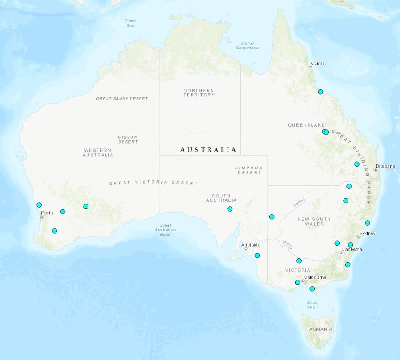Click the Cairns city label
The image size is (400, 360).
(318, 64)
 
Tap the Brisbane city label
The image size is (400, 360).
(385, 166)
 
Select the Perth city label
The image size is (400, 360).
(47, 213)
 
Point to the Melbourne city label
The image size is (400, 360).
(315, 277)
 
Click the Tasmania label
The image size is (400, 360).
(319, 329)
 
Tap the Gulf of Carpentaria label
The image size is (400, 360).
(247, 46)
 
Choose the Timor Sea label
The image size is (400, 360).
(130, 23)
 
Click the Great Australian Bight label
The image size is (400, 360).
(165, 230)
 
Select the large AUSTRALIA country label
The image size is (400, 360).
(208, 150)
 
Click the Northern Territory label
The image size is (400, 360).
(199, 92)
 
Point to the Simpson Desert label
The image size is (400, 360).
(249, 170)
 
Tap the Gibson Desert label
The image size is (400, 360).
(128, 140)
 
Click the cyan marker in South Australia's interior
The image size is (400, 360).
(230, 209)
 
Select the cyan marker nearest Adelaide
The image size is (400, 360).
(257, 256)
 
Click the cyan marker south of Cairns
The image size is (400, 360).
(320, 92)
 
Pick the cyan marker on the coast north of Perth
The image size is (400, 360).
(39, 205)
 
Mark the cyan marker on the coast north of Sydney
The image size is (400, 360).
(368, 223)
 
